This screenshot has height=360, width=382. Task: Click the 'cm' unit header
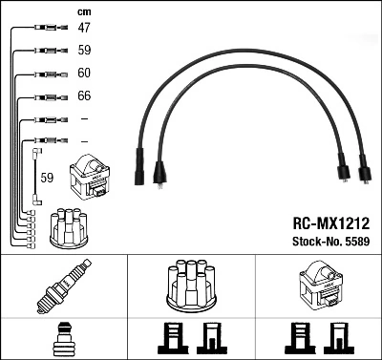tap(82, 11)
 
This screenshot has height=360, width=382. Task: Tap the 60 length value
tap(84, 74)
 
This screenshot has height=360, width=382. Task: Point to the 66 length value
tap(84, 96)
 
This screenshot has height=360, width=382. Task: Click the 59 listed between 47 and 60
tap(84, 51)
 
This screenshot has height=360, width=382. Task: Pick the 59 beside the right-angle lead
tap(47, 177)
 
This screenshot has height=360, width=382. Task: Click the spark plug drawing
tap(64, 287)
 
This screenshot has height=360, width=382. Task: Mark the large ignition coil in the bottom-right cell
tap(318, 286)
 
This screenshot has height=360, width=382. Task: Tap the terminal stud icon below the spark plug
tap(64, 338)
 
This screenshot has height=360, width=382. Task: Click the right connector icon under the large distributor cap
tap(209, 338)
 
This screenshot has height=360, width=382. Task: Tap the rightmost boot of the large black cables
tap(362, 173)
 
